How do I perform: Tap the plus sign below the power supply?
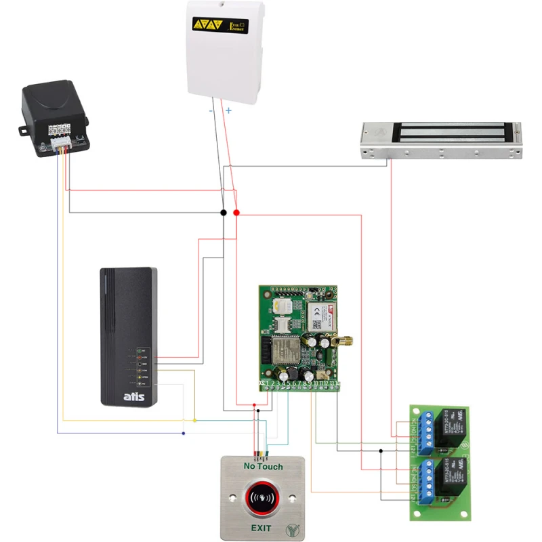pyautogui.click(x=228, y=110)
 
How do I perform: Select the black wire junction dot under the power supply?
pyautogui.click(x=224, y=213)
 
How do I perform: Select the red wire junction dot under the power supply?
pyautogui.click(x=236, y=213)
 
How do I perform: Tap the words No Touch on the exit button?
pyautogui.click(x=264, y=467)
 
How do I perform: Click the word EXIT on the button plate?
pyautogui.click(x=263, y=527)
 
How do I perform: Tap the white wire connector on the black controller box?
pyautogui.click(x=61, y=144)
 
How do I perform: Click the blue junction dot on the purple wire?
pyautogui.click(x=183, y=433)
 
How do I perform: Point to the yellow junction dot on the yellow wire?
pyautogui.click(x=195, y=421)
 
